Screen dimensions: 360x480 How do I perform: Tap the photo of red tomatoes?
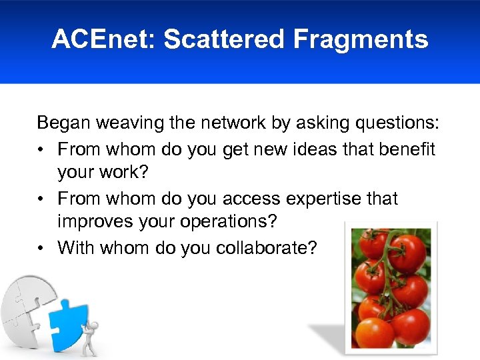(x=390, y=287)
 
